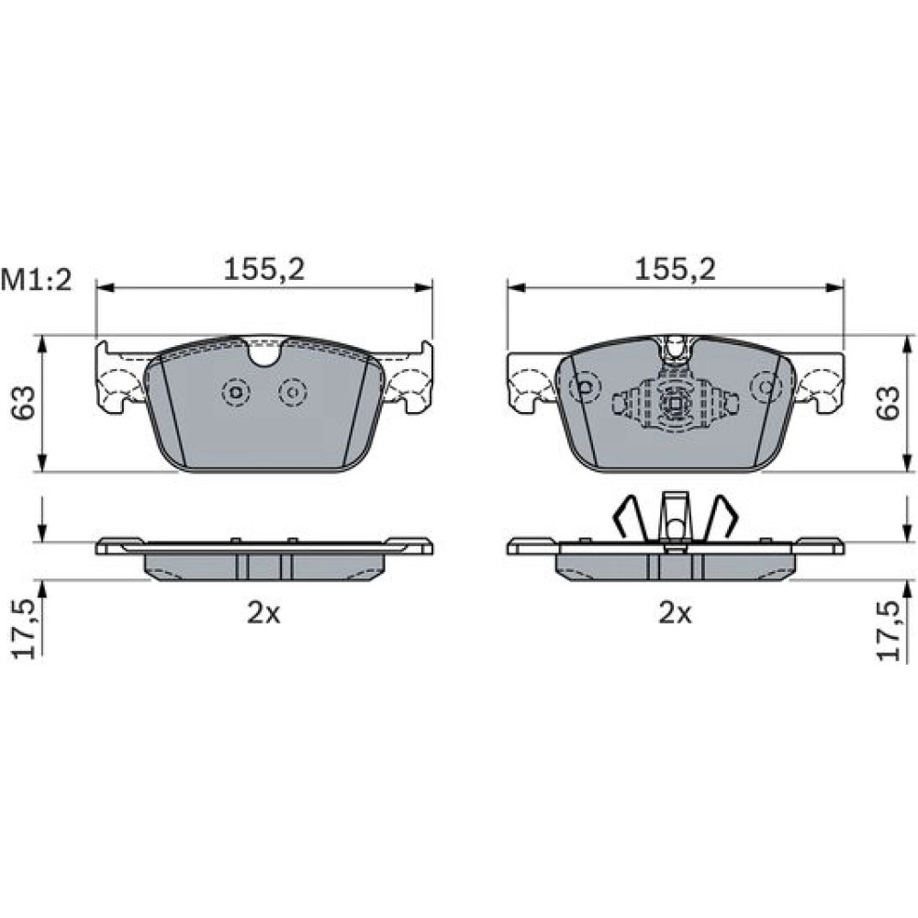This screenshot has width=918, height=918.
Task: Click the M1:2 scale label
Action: coord(37,280)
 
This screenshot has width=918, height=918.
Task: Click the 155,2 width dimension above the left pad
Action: coord(264,269)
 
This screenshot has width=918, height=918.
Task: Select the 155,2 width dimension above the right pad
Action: coord(676,269)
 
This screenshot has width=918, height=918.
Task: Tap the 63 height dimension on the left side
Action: coord(24,402)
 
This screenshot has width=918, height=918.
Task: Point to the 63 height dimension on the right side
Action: coord(888,402)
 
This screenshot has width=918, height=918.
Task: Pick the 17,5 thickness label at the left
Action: coord(25,630)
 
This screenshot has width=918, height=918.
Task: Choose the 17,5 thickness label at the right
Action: coord(888,632)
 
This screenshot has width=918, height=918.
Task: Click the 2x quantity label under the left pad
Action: coord(263,613)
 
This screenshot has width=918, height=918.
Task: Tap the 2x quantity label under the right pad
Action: coord(675,613)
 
